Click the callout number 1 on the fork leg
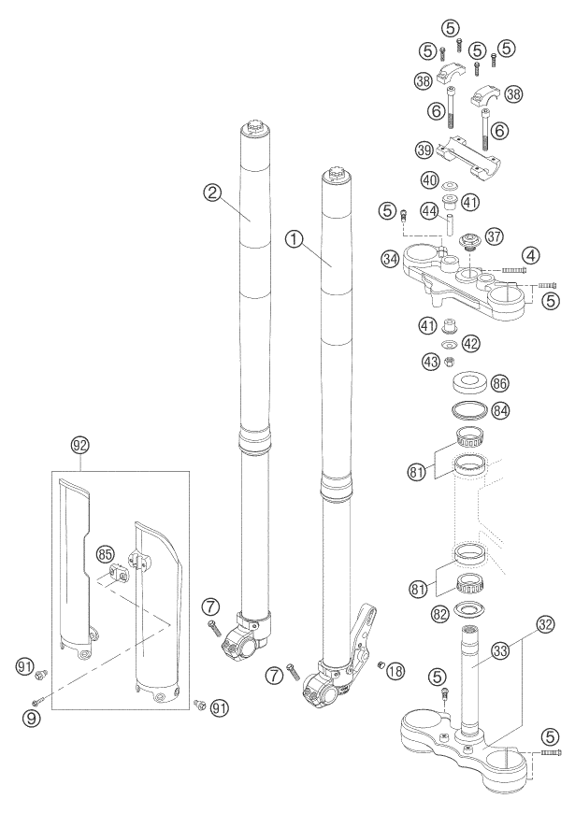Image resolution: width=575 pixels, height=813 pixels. point(295,240)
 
